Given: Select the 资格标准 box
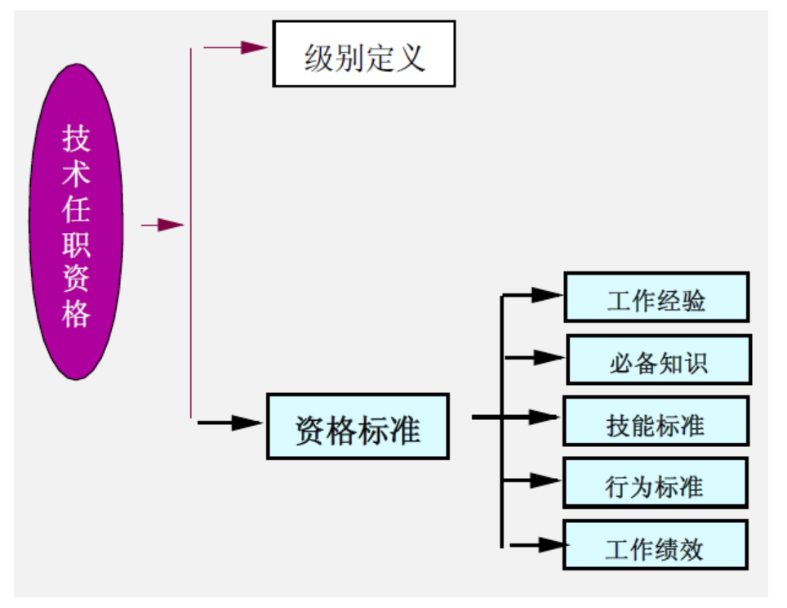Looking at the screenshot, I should (x=358, y=427).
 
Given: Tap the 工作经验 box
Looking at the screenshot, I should (x=656, y=297).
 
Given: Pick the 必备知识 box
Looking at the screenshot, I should (x=658, y=360).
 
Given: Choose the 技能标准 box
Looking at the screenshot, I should (x=656, y=422).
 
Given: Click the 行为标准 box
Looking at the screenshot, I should (x=655, y=483).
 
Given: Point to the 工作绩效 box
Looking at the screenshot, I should (x=655, y=545).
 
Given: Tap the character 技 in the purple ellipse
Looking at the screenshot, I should (x=76, y=140).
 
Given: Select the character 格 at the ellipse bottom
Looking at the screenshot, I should (x=76, y=314).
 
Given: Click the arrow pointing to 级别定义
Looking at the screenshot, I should (x=237, y=47).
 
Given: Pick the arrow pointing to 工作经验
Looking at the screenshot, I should (x=535, y=295).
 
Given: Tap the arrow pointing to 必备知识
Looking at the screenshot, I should (x=535, y=357).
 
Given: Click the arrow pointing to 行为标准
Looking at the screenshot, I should (x=535, y=481).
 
